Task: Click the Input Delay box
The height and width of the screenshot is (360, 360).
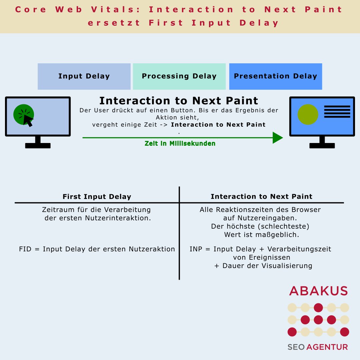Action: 84,76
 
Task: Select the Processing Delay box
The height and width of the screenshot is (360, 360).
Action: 179,76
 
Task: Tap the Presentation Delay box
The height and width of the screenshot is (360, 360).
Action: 275,76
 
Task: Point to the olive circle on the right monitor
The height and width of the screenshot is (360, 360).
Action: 308,114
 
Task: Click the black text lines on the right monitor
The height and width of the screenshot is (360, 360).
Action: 337,112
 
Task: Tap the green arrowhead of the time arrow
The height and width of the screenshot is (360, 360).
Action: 277,138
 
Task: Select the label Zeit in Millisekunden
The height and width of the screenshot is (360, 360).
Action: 180,144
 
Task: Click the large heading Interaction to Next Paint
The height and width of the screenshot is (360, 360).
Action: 179,101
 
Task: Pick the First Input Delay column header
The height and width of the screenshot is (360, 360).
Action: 97,197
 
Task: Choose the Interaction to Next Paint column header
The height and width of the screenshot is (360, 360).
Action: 261,197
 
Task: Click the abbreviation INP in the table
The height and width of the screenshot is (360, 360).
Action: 196,249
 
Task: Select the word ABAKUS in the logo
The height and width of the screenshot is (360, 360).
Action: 318,291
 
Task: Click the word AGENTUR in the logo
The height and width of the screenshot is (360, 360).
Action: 327,347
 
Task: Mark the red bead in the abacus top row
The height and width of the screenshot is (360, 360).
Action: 318,307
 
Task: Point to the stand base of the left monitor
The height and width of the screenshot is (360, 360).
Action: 38,146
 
